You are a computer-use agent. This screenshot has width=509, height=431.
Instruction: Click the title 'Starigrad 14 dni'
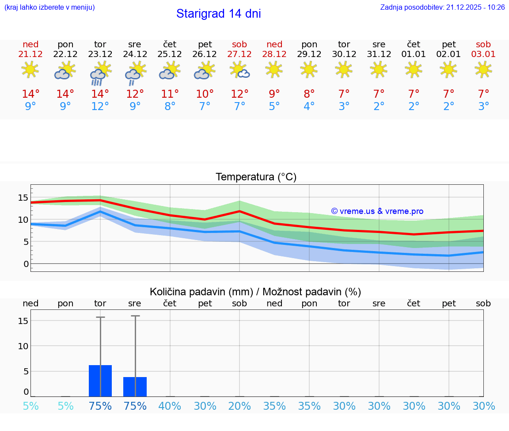pyautogui.click(x=218, y=14)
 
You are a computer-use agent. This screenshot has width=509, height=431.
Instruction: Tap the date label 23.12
pyautogui.click(x=100, y=54)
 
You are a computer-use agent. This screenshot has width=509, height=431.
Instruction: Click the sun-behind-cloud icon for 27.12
pyautogui.click(x=239, y=70)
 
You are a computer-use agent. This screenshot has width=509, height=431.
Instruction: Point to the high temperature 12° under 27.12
pyautogui.click(x=239, y=94)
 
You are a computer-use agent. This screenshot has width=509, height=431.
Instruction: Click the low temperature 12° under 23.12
pyautogui.click(x=100, y=107)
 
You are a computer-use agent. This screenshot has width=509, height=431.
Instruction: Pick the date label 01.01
pyautogui.click(x=414, y=54)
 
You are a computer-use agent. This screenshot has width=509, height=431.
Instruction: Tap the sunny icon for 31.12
pyautogui.click(x=379, y=69)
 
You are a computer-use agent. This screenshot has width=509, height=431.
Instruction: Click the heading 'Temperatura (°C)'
pyautogui.click(x=256, y=177)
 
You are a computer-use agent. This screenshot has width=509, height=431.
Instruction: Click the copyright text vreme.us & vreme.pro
pyautogui.click(x=377, y=211)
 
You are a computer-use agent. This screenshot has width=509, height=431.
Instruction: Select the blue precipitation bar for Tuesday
pyautogui.click(x=100, y=381)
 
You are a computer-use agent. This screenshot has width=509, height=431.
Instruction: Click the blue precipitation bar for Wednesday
pyautogui.click(x=135, y=387)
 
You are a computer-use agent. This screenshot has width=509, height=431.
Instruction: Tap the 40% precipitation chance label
pyautogui.click(x=170, y=406)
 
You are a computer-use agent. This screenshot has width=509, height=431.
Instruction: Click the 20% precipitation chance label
pyautogui.click(x=239, y=406)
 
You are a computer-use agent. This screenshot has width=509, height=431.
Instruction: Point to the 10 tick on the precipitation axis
pyautogui.click(x=23, y=346)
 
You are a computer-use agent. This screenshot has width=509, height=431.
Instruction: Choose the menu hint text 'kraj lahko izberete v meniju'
pyautogui.click(x=49, y=8)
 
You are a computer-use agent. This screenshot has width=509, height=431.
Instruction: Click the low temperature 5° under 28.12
pyautogui.click(x=274, y=107)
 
